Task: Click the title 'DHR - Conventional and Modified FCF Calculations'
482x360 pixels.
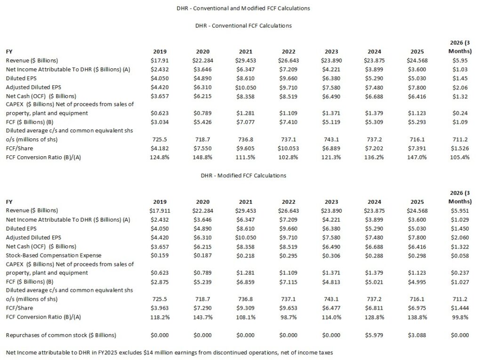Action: point(243,8)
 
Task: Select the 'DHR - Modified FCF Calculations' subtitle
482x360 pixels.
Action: point(243,176)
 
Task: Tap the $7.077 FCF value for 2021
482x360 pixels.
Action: point(245,122)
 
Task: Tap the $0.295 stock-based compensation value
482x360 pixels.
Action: point(289,255)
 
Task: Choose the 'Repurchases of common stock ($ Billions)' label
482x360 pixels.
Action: point(61,335)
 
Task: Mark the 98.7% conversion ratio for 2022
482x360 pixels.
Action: point(289,317)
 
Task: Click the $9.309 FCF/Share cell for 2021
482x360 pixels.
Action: point(245,308)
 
